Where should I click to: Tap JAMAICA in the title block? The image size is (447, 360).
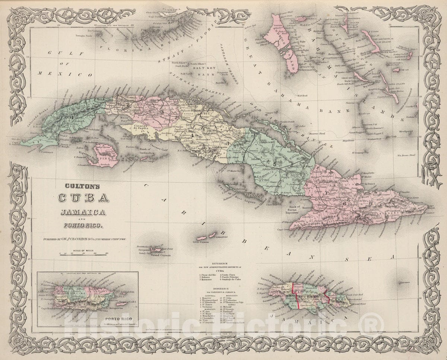pyautogui.click(x=81, y=213)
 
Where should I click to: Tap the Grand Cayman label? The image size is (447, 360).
pyautogui.click(x=158, y=256)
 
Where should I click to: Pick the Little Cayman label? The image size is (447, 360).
pyautogui.click(x=200, y=242)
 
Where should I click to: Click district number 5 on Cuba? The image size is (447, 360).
pyautogui.click(x=275, y=164)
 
